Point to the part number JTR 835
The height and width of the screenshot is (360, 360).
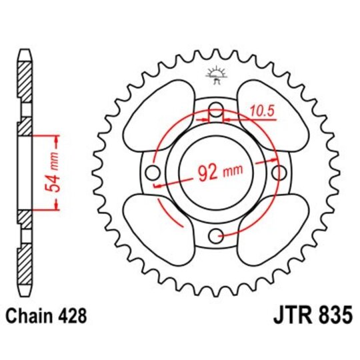pos(310,315)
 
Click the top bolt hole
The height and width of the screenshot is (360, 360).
pos(215,111)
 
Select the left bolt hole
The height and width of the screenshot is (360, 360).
pos(153,173)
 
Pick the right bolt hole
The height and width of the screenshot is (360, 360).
pos(276,173)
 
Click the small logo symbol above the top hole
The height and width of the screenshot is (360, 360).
pos(215,76)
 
